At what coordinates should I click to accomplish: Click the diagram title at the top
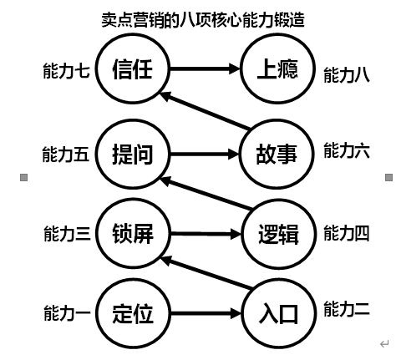pos(203,20)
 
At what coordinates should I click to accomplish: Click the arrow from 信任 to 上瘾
pos(205,68)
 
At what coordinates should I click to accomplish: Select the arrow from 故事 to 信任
pos(206,111)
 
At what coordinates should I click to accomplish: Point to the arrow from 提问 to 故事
pos(205,154)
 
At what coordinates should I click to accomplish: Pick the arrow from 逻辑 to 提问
pos(206,193)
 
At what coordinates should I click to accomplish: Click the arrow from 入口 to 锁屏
pos(206,272)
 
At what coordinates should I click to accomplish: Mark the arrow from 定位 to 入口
pos(206,314)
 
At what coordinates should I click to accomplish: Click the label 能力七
pos(66,70)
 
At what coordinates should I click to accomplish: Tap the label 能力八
pos(347,75)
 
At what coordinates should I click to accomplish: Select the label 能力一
pos(67,312)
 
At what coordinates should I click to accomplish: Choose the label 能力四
pos(347,233)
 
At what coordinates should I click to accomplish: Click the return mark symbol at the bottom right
pos(384,344)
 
